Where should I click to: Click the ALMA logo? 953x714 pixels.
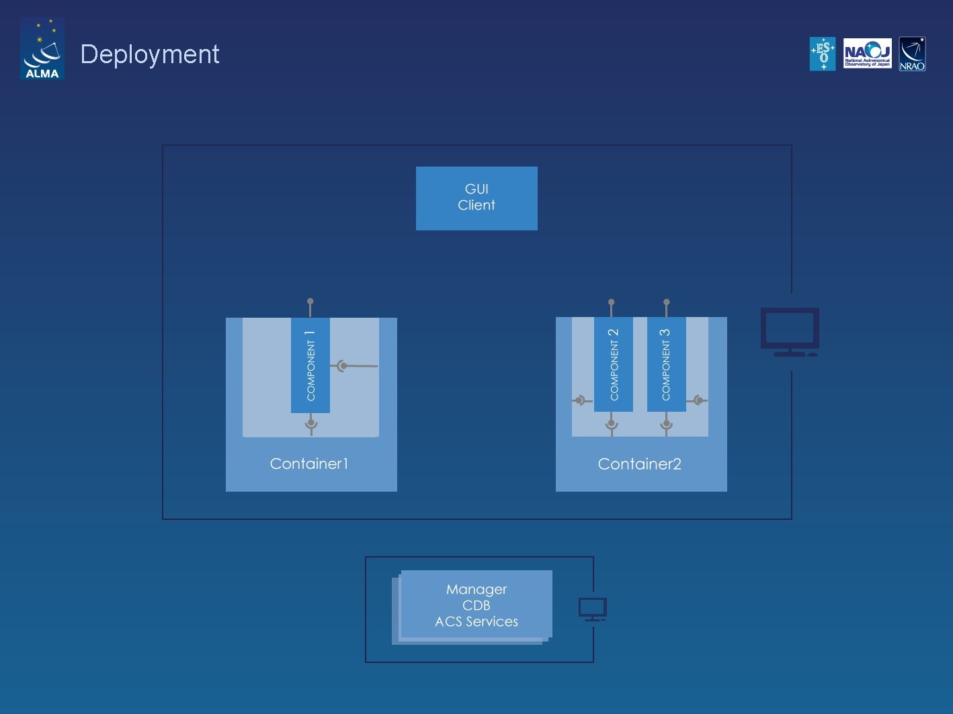pyautogui.click(x=42, y=49)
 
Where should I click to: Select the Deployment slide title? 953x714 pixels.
pyautogui.click(x=150, y=54)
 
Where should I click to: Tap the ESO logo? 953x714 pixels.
pyautogui.click(x=823, y=54)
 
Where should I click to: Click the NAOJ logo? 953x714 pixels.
pyautogui.click(x=867, y=54)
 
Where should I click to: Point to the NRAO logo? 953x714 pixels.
pyautogui.click(x=912, y=54)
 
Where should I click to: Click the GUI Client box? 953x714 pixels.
pyautogui.click(x=476, y=198)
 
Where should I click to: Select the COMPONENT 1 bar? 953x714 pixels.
pyautogui.click(x=310, y=365)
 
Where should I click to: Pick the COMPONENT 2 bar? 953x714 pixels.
pyautogui.click(x=614, y=365)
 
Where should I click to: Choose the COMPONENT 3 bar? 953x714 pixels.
pyautogui.click(x=666, y=365)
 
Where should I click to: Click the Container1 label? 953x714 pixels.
pyautogui.click(x=309, y=463)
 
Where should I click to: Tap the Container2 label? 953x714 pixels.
pyautogui.click(x=639, y=464)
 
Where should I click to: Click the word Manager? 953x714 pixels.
pyautogui.click(x=476, y=589)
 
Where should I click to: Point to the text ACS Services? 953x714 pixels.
pyautogui.click(x=476, y=622)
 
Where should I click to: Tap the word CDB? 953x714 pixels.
pyautogui.click(x=476, y=605)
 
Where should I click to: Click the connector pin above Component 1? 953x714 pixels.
pyautogui.click(x=310, y=303)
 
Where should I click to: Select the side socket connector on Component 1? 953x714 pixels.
pyautogui.click(x=343, y=366)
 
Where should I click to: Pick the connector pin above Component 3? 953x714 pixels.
pyautogui.click(x=666, y=303)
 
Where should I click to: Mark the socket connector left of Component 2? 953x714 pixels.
pyautogui.click(x=579, y=400)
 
